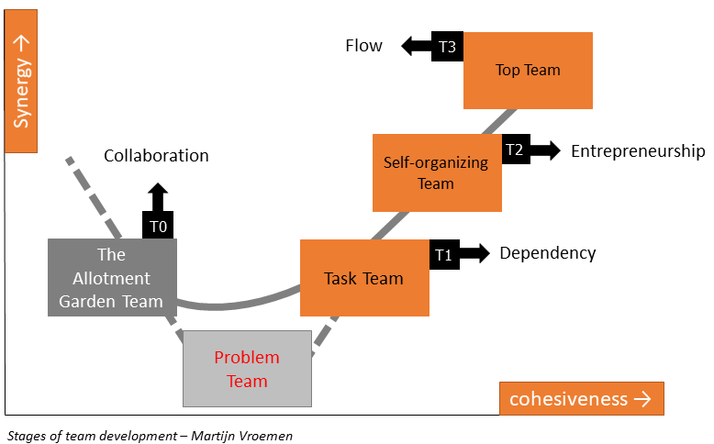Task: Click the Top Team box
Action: [528, 70]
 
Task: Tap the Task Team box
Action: [364, 278]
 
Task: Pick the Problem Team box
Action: [247, 368]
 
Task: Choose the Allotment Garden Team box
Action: [111, 277]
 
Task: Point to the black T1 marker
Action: [443, 255]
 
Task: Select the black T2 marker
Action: [514, 151]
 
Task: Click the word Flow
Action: [363, 46]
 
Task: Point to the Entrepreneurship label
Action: [638, 151]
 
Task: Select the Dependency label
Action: [548, 253]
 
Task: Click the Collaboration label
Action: [156, 156]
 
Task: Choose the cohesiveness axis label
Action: [580, 399]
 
